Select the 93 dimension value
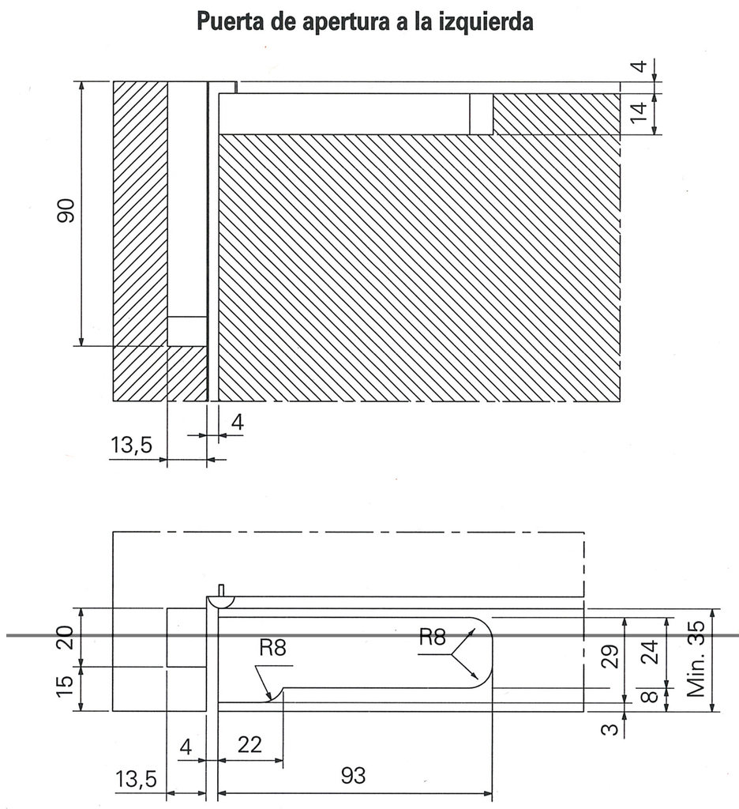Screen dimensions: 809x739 (x=353, y=777)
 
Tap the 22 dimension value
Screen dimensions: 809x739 (x=249, y=744)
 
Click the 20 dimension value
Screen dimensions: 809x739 (x=66, y=637)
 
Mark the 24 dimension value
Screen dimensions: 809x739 (x=648, y=653)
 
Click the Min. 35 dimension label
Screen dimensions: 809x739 (x=696, y=658)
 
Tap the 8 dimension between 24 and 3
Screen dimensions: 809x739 (x=648, y=696)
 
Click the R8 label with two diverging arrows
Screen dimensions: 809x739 (x=432, y=638)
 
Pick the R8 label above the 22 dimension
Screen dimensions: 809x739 (x=272, y=649)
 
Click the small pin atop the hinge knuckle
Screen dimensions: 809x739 (x=222, y=589)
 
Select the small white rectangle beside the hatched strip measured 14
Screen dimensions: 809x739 (x=481, y=114)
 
